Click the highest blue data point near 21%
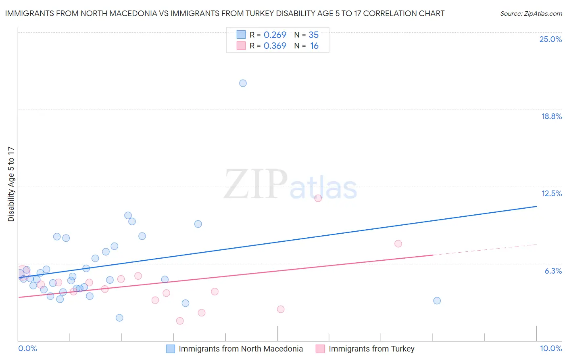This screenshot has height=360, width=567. click(243, 83)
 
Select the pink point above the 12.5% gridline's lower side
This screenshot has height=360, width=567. click(318, 198)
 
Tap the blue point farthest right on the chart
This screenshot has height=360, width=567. click(437, 301)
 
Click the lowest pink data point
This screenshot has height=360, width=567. click(180, 321)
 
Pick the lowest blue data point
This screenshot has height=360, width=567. click(119, 318)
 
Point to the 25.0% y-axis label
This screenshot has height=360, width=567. click(550, 39)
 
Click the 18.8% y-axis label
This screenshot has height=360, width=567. click(551, 116)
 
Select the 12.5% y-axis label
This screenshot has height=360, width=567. click(551, 193)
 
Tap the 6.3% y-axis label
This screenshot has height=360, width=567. click(553, 271)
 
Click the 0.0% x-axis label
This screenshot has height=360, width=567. click(27, 348)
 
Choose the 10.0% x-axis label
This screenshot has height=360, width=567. click(550, 348)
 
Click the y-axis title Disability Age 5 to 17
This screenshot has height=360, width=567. click(11, 184)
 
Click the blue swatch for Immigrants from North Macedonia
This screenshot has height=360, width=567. click(171, 349)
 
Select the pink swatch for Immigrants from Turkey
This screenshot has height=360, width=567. click(320, 349)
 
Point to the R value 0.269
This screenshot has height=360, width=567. click(275, 35)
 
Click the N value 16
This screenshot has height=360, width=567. click(314, 46)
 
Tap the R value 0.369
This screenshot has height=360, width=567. click(275, 46)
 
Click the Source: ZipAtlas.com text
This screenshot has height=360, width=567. click(531, 14)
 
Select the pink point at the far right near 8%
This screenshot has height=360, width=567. click(398, 243)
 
